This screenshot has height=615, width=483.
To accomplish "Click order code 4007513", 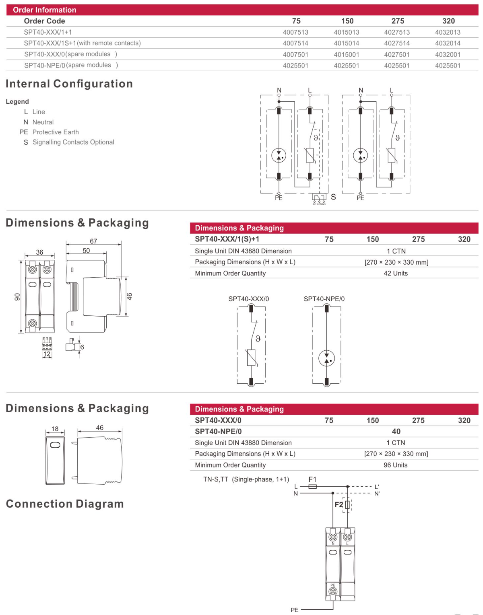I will click(x=295, y=32).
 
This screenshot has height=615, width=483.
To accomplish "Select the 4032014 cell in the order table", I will click(x=448, y=43).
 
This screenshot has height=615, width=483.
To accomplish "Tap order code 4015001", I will click(x=347, y=54).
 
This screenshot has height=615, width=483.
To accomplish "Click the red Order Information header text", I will click(x=44, y=10).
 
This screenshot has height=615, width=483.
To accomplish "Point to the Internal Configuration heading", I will click(x=69, y=84).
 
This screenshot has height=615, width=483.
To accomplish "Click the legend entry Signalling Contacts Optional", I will click(x=73, y=142).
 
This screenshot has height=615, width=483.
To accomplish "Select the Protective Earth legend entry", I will click(x=56, y=132).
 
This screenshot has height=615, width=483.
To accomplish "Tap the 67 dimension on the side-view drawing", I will click(x=93, y=241).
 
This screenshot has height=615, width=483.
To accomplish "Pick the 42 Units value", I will click(x=396, y=273).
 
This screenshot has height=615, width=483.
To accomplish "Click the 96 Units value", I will click(x=395, y=465).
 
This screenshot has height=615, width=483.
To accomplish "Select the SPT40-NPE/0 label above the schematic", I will click(x=324, y=299).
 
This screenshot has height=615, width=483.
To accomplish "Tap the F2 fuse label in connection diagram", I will click(x=339, y=504).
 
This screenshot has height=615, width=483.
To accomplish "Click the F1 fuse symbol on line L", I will click(x=312, y=487).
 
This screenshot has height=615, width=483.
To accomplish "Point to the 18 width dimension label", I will click(x=55, y=429).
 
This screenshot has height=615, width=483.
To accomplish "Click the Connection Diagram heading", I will click(x=65, y=504).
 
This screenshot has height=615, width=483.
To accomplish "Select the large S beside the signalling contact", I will click(x=333, y=197).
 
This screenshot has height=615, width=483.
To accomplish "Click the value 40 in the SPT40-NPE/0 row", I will click(x=396, y=431).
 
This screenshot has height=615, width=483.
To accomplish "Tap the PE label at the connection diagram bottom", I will click(x=295, y=610).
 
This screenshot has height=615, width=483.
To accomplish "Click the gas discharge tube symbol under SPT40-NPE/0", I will click(x=326, y=358).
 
